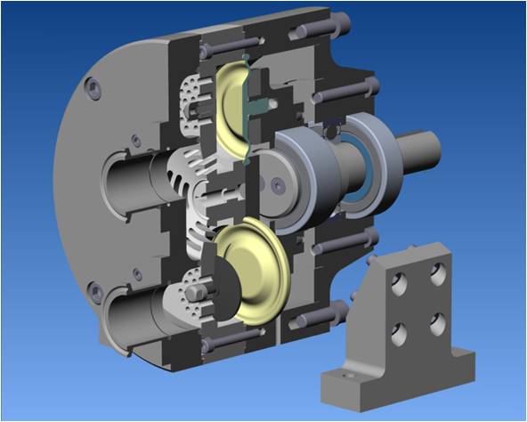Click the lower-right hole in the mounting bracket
437,323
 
